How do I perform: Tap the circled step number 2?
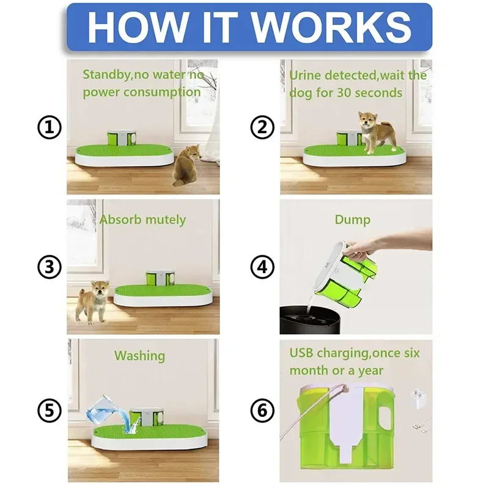pos(262,128)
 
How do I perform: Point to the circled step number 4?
pos(262,267)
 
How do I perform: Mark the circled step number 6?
pos(262,410)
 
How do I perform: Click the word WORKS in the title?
pos(331,26)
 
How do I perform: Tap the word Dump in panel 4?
pos(352,219)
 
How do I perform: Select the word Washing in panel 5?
pos(139,355)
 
